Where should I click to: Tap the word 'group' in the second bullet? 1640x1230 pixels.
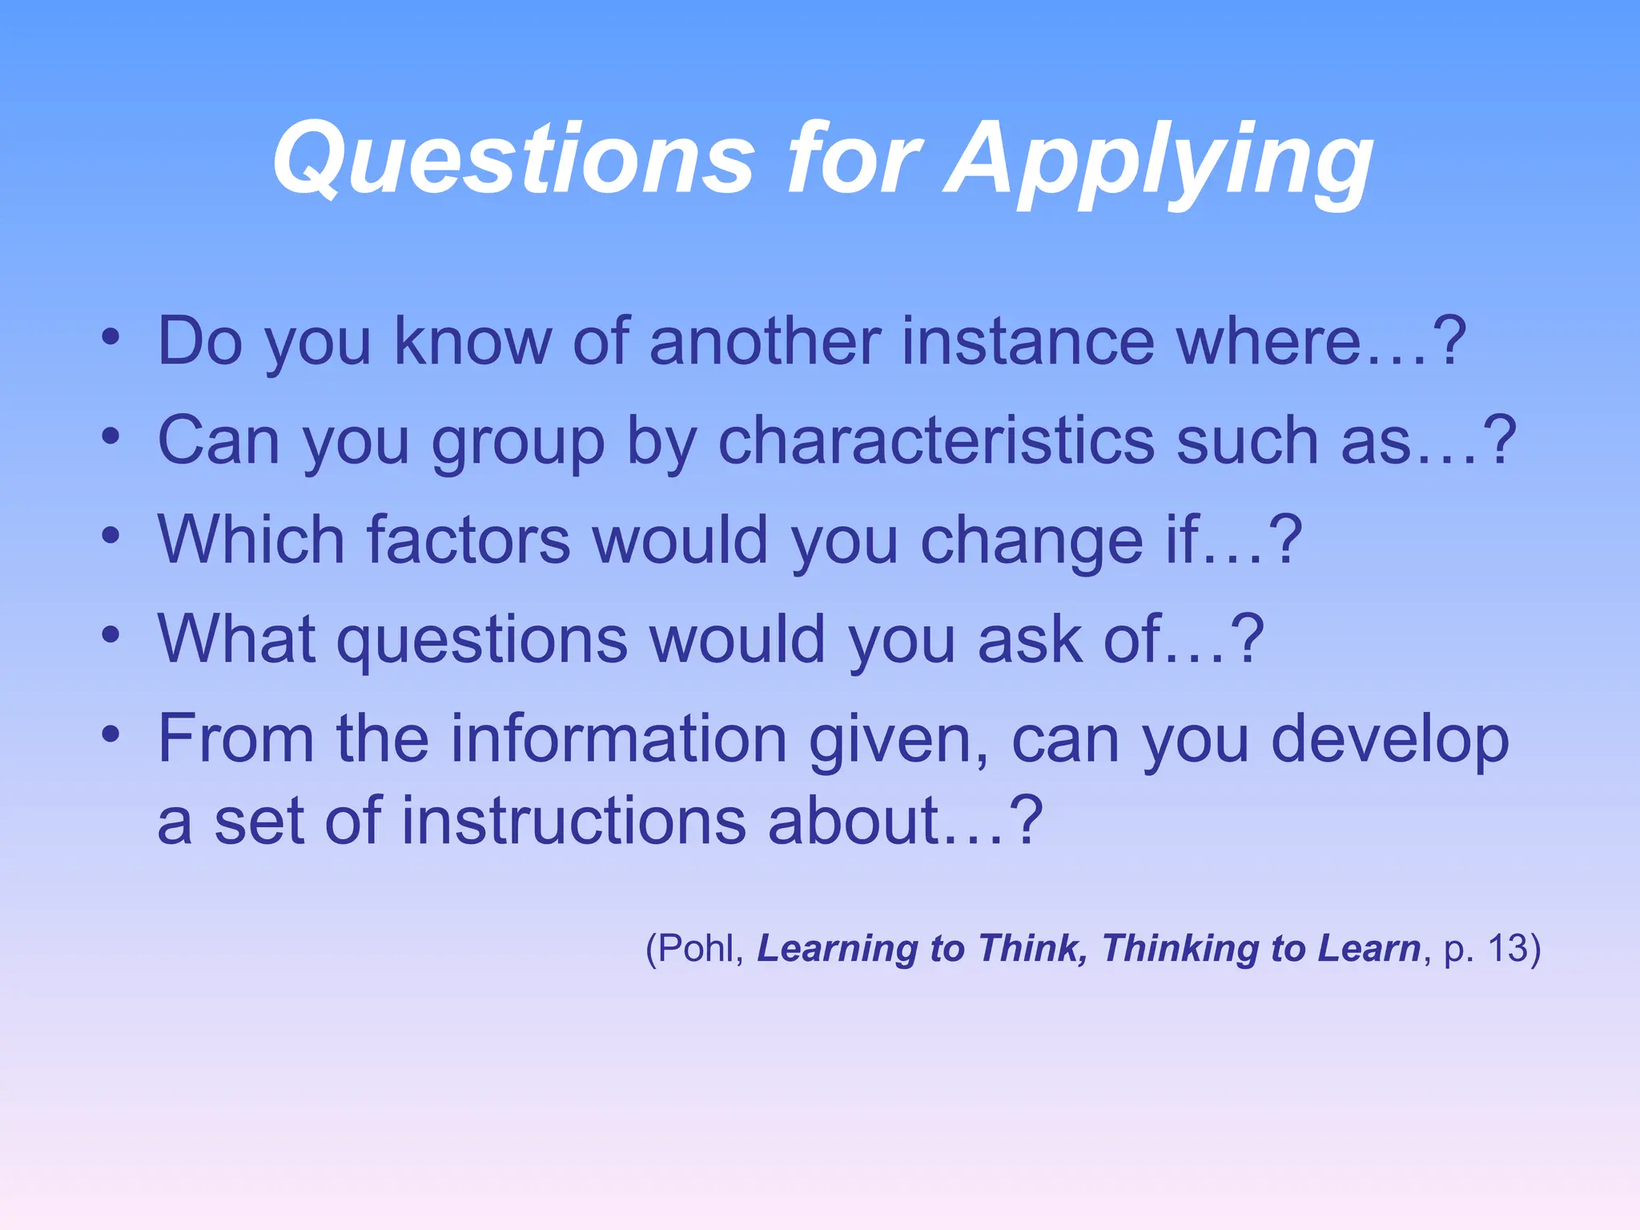518,443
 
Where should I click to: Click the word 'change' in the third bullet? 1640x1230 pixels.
1032,542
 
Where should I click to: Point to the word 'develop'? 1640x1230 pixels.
1389,741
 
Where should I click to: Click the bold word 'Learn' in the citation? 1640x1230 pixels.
1369,948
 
